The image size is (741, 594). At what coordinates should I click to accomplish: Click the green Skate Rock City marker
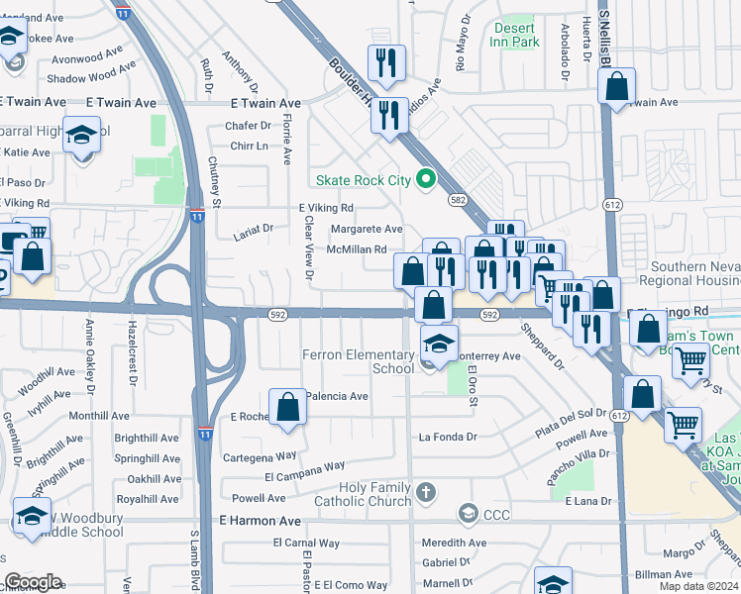click(427, 179)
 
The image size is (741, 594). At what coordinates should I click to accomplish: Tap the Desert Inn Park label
click(516, 35)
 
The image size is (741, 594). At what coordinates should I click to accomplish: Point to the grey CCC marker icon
click(469, 513)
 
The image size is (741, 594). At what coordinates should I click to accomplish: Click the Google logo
click(33, 582)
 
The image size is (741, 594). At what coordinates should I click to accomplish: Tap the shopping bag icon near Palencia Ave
click(287, 407)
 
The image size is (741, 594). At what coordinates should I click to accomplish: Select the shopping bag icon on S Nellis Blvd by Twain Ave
click(616, 87)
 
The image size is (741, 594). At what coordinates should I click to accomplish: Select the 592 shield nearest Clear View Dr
click(278, 315)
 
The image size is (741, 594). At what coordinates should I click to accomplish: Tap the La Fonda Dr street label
click(448, 437)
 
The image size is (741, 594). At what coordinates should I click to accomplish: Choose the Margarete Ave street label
click(366, 229)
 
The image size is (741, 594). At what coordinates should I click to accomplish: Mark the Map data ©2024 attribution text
click(697, 586)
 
